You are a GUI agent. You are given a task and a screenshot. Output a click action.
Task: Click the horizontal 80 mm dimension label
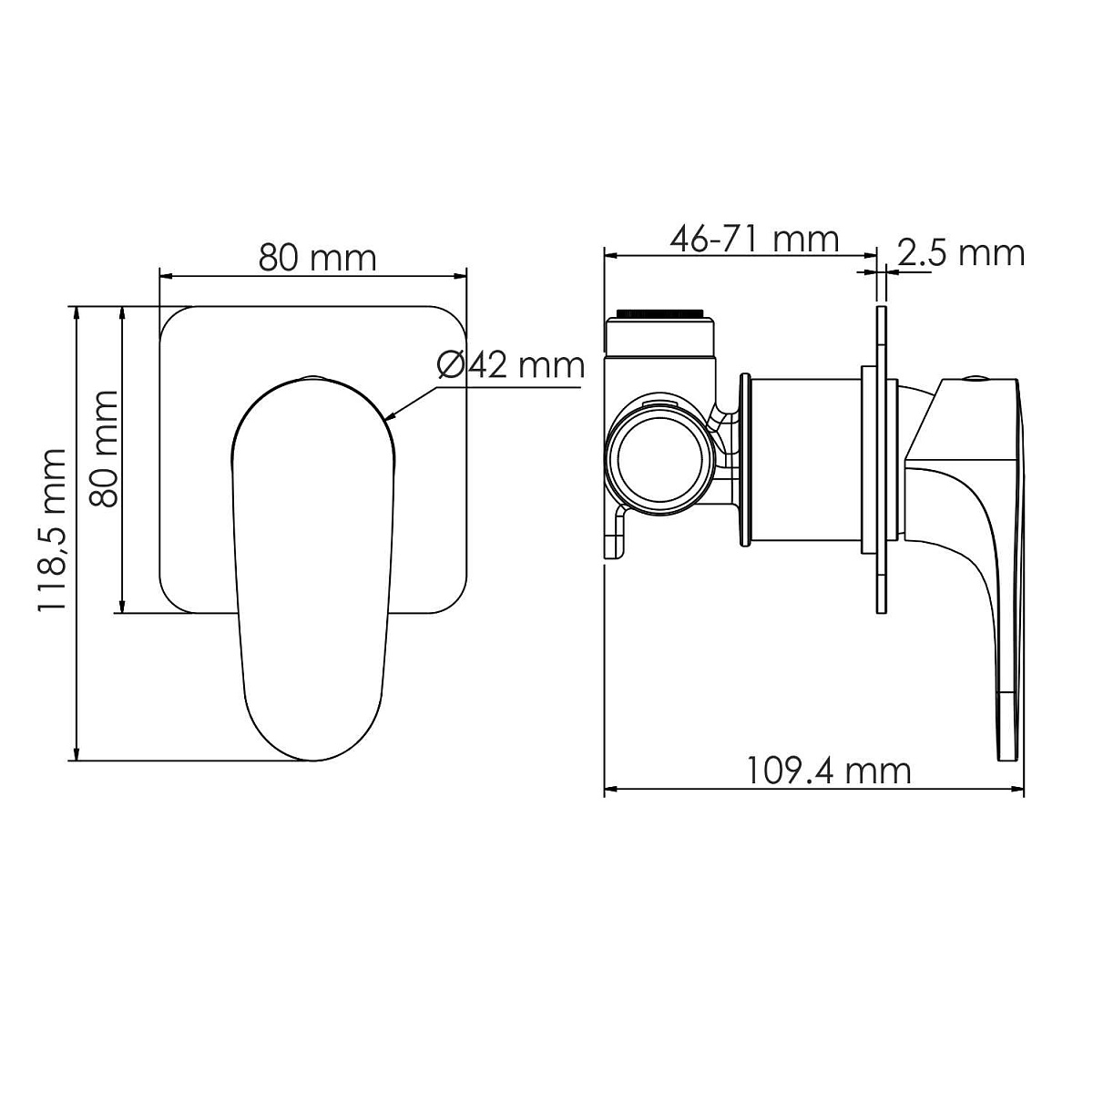click(317, 258)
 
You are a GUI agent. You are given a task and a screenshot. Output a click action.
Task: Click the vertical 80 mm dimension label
click(104, 448)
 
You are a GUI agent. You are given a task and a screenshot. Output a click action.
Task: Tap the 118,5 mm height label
click(52, 528)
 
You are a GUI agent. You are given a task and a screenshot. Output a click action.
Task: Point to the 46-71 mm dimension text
click(754, 239)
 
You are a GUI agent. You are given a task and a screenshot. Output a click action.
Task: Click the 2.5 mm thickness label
click(962, 252)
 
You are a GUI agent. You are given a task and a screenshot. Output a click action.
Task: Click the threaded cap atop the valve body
click(659, 313)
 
